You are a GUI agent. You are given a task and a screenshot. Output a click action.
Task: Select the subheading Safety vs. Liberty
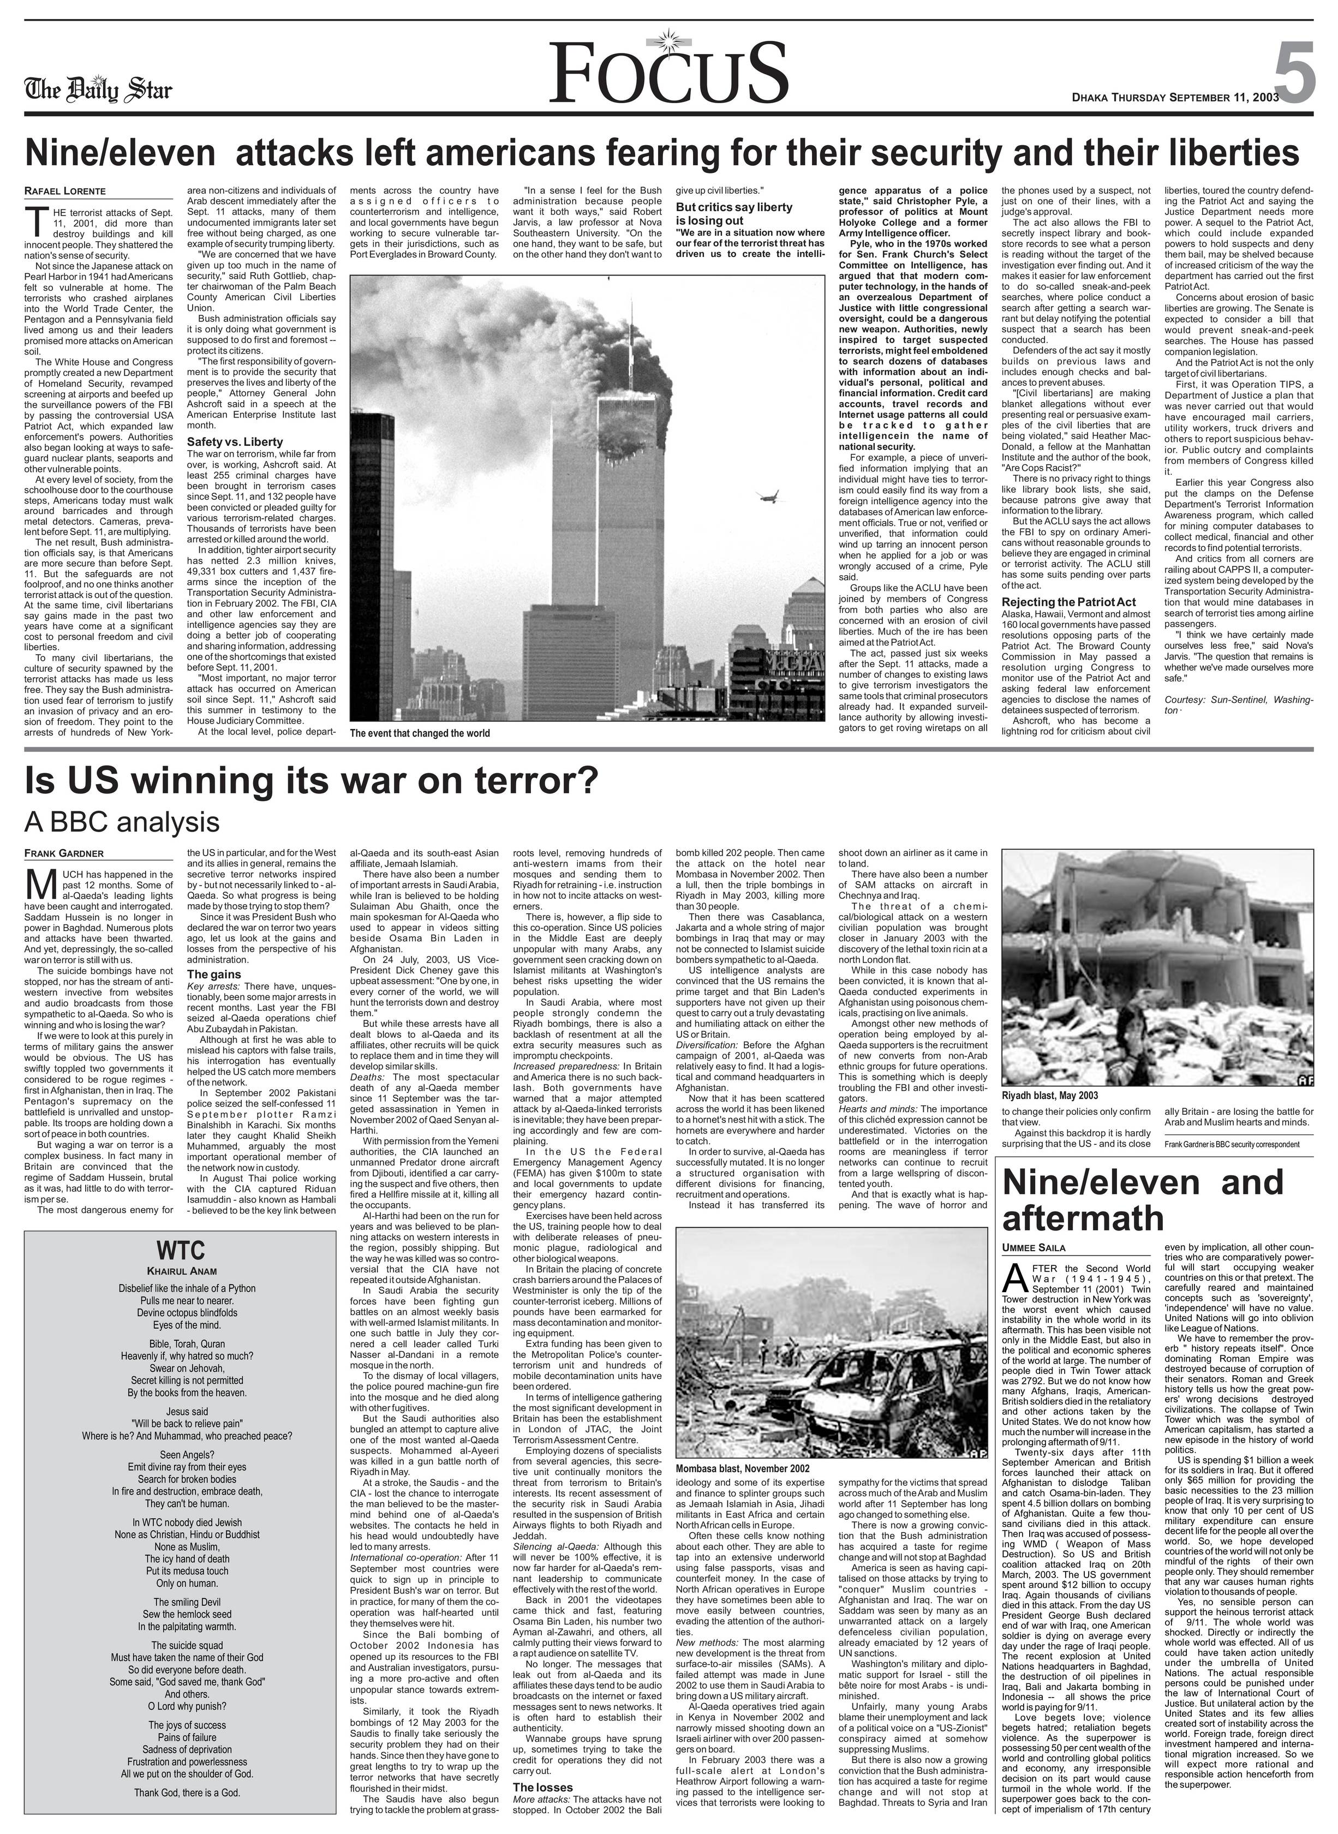tap(235, 442)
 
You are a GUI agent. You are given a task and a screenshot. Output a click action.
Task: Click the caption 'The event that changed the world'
tap(420, 733)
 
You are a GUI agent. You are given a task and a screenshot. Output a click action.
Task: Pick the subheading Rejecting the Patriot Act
tap(1069, 602)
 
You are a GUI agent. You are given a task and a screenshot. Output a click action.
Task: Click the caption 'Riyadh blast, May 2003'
tap(1050, 1095)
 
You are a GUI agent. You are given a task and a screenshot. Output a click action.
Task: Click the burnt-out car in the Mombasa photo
tap(850, 1389)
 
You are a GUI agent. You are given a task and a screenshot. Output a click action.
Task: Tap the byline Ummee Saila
tap(1034, 1248)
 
